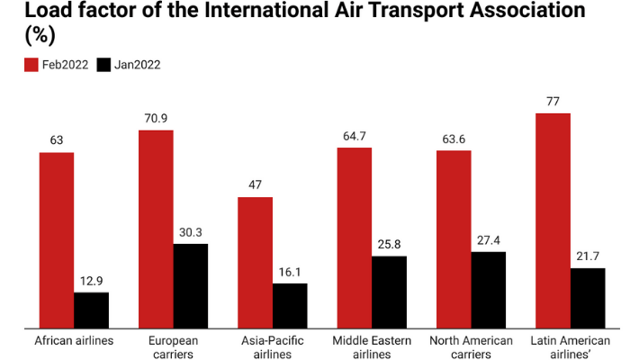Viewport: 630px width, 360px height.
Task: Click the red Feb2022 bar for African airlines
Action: pos(56,239)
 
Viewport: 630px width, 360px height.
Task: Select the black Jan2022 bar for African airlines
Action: pos(91,310)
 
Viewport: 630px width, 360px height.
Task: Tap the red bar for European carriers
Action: pos(156,229)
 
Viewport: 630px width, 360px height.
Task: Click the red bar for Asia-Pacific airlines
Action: pos(255,262)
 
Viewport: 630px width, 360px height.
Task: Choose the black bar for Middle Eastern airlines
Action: pos(389,292)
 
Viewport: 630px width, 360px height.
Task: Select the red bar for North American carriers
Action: pos(454,238)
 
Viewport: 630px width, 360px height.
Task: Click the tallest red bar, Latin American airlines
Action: pos(553,220)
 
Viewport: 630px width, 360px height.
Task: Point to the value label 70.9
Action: pos(156,117)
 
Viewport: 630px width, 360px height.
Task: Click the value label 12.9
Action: pos(91,279)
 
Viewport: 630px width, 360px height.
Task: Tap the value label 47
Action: pos(255,184)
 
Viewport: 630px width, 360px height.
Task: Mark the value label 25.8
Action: pos(389,243)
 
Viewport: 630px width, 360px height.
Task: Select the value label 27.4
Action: pos(489,238)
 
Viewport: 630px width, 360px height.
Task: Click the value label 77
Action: pos(553,100)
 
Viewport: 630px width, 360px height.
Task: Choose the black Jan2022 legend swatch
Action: pos(103,64)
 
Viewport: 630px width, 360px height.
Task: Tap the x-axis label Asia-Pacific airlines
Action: pos(274,347)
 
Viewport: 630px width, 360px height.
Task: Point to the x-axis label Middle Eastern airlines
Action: pos(372,347)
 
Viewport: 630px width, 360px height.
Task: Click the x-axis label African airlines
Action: pos(73,341)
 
